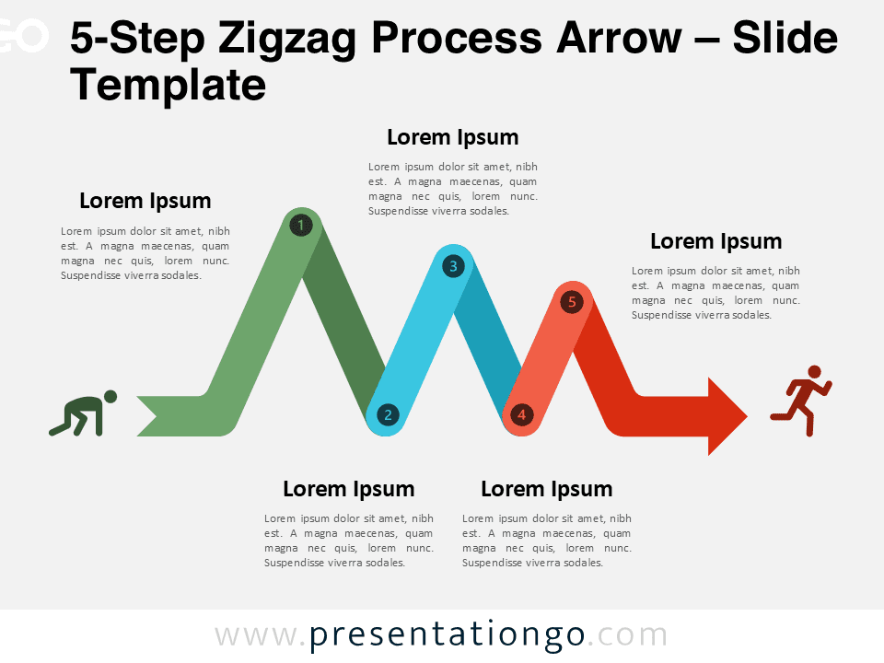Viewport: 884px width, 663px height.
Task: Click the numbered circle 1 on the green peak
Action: pyautogui.click(x=301, y=226)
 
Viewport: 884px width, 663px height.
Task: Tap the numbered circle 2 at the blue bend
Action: pyautogui.click(x=388, y=415)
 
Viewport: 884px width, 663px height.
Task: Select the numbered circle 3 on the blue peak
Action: pyautogui.click(x=453, y=265)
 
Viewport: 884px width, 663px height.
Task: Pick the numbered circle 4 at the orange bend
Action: pyautogui.click(x=521, y=415)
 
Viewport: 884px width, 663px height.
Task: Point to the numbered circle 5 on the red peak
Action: pyautogui.click(x=572, y=302)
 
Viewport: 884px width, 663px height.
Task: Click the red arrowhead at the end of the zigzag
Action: pyautogui.click(x=727, y=416)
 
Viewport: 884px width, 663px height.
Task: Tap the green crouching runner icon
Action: pyautogui.click(x=83, y=413)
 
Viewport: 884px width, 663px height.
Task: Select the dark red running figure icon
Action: pyautogui.click(x=801, y=401)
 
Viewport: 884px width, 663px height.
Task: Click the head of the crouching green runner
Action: pyautogui.click(x=110, y=396)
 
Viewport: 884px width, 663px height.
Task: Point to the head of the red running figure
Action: pyautogui.click(x=815, y=372)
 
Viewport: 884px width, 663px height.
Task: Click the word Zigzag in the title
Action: pyautogui.click(x=287, y=39)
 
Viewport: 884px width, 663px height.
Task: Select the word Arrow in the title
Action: pyautogui.click(x=619, y=38)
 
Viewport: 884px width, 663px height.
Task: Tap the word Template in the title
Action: pyautogui.click(x=168, y=85)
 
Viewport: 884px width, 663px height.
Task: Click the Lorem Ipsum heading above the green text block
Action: pyautogui.click(x=145, y=201)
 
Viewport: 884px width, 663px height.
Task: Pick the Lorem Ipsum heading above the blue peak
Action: pyautogui.click(x=453, y=137)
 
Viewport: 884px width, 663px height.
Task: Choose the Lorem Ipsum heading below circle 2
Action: pyautogui.click(x=349, y=489)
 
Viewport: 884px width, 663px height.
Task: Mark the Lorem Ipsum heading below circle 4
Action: pyautogui.click(x=547, y=489)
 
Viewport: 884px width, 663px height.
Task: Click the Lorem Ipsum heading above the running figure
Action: pyautogui.click(x=716, y=241)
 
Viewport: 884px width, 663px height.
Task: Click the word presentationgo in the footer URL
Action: pyautogui.click(x=447, y=635)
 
